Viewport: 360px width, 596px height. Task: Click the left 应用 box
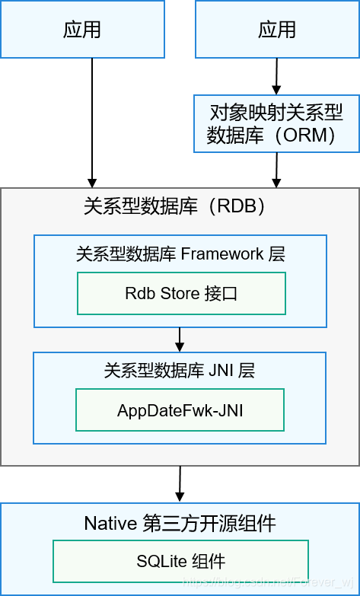[x=82, y=30]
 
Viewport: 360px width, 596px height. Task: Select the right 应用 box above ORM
[x=276, y=30]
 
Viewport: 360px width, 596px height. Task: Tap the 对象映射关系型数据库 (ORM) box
[x=276, y=124]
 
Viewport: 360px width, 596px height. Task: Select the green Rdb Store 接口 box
[x=181, y=293]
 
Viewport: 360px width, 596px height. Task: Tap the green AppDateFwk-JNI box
[x=180, y=410]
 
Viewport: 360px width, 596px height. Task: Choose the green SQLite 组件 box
[x=180, y=562]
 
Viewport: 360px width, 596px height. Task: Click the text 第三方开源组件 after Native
[x=209, y=524]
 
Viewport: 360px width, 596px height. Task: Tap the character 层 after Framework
[x=277, y=254]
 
